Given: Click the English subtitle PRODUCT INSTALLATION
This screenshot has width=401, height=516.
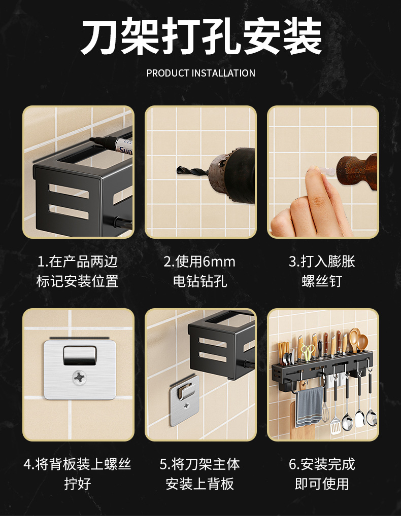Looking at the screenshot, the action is coord(201,72).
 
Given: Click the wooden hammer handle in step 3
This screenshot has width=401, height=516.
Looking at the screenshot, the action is coord(357,171).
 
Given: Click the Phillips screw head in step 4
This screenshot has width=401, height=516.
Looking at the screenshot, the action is coord(79,377).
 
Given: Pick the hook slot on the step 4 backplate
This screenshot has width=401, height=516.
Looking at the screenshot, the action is coord(79,355).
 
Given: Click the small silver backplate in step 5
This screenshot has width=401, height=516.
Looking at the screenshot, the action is coord(184,400).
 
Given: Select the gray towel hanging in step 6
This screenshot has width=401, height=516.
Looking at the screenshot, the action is coord(309,407).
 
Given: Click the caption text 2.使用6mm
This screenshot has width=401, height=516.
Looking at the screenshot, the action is coord(199,262).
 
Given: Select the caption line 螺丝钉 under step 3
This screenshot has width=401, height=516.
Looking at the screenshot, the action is coord(322,281).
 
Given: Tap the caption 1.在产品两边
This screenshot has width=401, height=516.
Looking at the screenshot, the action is coord(78,262).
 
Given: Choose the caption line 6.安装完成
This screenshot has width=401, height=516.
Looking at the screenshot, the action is coord(322,464).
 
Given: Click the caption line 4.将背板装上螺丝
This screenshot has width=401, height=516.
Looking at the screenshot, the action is coord(78,464).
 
